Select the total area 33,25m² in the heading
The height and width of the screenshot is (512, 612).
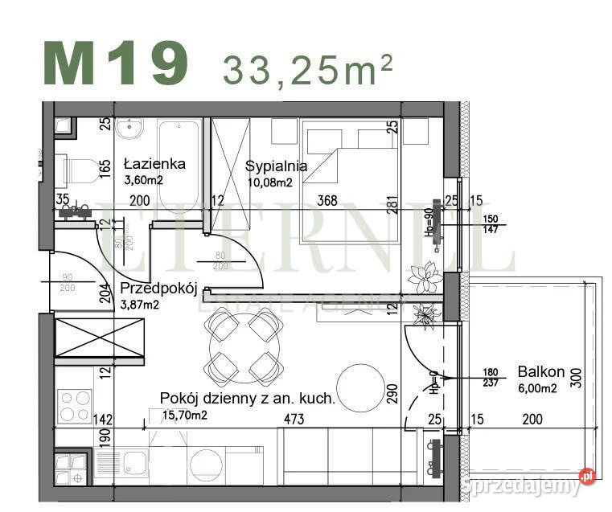(308, 70)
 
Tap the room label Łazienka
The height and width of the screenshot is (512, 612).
(154, 164)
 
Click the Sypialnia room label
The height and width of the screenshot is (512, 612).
(276, 166)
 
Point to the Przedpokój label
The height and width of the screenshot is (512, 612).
(158, 289)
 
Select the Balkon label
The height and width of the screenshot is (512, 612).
(541, 372)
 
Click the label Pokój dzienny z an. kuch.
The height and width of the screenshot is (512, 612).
(247, 398)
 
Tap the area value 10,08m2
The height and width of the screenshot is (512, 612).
(269, 182)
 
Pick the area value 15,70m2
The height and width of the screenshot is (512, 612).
(185, 415)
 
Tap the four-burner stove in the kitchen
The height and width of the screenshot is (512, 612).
(74, 406)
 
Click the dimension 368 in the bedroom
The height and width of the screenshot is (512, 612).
(327, 201)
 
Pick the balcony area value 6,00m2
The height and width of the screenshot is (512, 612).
(538, 388)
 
